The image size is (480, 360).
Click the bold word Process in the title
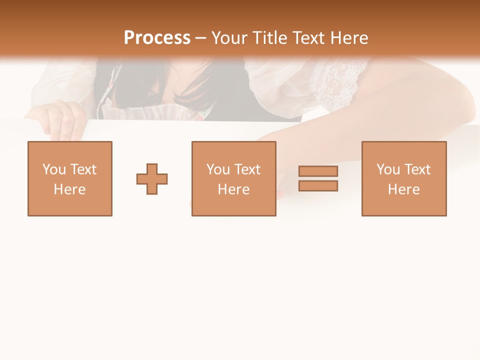point(157,38)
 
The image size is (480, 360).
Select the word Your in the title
point(230,38)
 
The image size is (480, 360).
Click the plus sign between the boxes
point(152,179)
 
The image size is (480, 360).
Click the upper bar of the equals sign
point(318,171)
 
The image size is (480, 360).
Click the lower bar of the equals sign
point(318,186)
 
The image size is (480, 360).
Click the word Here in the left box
point(69,189)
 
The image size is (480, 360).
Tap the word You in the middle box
point(218,169)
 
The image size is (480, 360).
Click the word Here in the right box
point(403,189)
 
